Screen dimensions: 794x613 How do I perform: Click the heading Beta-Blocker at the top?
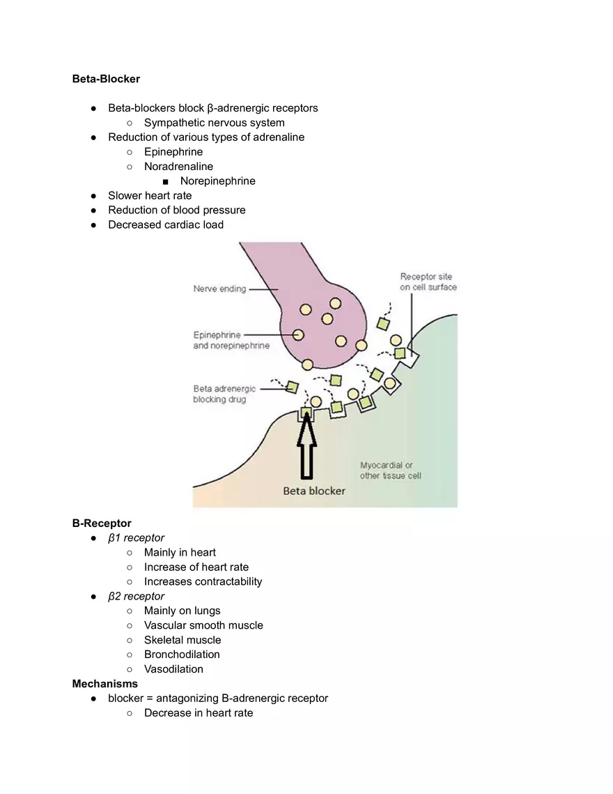tap(106, 79)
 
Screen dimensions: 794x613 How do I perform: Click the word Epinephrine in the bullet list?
tap(173, 152)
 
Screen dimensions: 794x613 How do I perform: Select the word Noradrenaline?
tap(178, 167)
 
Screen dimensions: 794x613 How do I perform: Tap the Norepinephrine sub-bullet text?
tap(217, 181)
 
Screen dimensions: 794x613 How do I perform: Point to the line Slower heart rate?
tap(150, 196)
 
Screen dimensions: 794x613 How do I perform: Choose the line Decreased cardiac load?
tap(166, 224)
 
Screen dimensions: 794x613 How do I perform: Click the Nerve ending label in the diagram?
tap(219, 289)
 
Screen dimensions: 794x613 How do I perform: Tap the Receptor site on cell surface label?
tap(428, 282)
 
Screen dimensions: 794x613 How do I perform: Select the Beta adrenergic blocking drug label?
tap(224, 394)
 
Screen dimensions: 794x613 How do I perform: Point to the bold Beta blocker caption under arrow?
tap(313, 491)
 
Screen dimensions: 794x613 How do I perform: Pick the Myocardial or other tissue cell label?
tap(390, 471)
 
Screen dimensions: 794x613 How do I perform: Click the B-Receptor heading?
tap(102, 524)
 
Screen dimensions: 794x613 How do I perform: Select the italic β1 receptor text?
tap(136, 538)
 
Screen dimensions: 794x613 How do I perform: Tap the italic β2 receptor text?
tap(136, 596)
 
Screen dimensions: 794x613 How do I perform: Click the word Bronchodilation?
tap(182, 655)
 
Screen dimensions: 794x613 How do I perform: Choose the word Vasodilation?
tap(173, 669)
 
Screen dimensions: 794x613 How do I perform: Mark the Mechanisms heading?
tap(105, 684)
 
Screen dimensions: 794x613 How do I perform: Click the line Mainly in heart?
tap(180, 553)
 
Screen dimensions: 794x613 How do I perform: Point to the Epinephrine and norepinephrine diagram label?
tap(231, 340)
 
